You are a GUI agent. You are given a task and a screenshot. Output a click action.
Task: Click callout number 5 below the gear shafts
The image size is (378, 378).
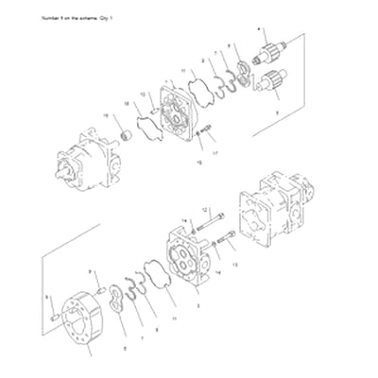(275, 112)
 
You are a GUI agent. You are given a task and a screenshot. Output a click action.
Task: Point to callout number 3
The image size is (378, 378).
(196, 306)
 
